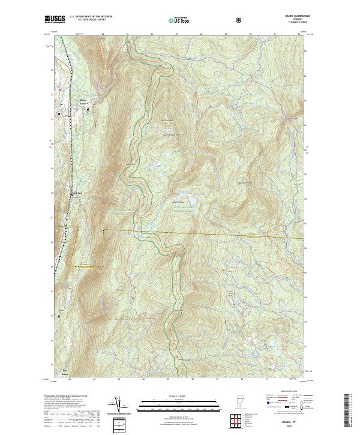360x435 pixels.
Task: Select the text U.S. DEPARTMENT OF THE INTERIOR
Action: click(90, 17)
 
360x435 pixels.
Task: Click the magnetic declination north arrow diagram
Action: click(118, 405)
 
